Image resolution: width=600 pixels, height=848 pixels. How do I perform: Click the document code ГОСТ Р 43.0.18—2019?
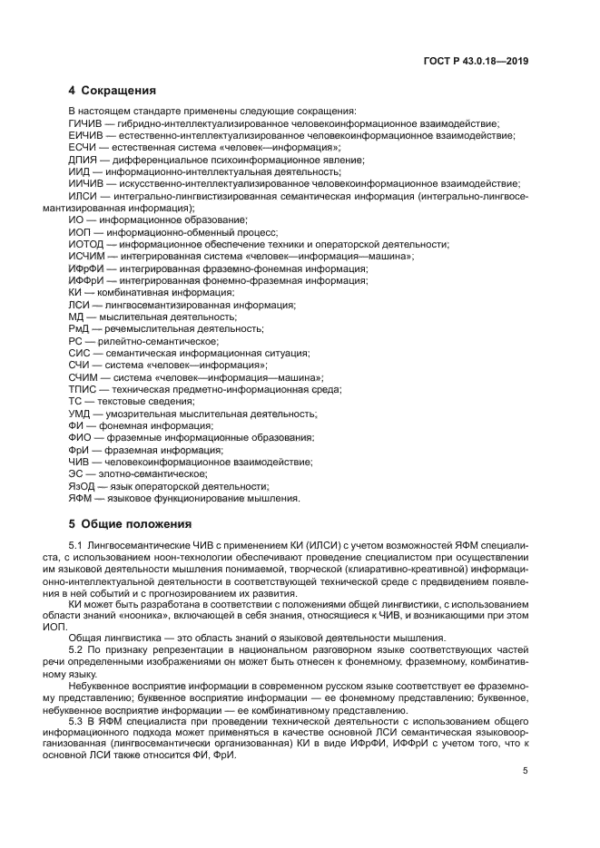[x=476, y=62]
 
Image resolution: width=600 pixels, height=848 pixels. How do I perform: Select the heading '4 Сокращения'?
[x=112, y=91]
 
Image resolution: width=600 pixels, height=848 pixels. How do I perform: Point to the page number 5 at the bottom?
[x=526, y=771]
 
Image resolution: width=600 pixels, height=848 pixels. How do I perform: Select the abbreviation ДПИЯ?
[x=83, y=159]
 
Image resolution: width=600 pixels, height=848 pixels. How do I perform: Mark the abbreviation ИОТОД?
[x=86, y=245]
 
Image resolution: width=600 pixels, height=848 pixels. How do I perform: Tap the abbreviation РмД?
[x=79, y=328]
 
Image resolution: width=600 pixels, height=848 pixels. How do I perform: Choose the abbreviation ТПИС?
[x=83, y=389]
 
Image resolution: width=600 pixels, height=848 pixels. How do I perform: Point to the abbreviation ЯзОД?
[x=82, y=486]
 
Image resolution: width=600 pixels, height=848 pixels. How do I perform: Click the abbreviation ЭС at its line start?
[x=75, y=473]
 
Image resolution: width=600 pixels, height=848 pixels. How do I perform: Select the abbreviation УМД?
[x=80, y=414]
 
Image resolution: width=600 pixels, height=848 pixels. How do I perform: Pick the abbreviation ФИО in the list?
[x=80, y=437]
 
